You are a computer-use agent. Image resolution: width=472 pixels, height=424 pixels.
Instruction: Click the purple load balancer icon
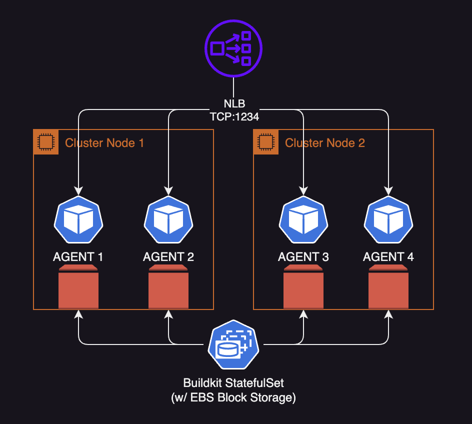point(233,48)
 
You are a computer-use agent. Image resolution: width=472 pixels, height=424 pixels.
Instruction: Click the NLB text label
point(233,104)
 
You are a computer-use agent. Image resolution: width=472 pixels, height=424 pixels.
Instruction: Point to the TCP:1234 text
point(233,116)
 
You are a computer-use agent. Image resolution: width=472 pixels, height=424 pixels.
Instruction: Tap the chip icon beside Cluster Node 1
point(46,142)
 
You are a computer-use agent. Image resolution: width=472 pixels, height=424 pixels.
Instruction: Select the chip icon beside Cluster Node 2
point(266,142)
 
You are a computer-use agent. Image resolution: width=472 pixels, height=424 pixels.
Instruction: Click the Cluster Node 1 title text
point(104,143)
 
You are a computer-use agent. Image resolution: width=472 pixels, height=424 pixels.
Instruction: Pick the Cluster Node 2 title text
point(324,143)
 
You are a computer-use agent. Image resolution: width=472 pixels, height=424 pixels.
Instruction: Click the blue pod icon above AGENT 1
point(78,219)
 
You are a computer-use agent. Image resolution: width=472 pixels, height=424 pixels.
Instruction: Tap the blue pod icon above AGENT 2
point(168,219)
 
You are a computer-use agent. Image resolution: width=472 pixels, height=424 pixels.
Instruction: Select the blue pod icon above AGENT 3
point(303,219)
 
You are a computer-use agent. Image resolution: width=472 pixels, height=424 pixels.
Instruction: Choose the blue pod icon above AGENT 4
point(388,219)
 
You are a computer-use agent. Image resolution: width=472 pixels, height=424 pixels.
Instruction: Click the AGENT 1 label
point(78,257)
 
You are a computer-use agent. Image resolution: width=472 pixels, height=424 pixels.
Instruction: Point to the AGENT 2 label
point(168,257)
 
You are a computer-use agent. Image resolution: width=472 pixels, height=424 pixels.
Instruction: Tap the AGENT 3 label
point(303,257)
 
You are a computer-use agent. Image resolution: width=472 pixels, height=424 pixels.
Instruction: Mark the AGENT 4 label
point(388,257)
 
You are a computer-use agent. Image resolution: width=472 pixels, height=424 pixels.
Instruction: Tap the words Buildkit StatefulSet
point(233,383)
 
